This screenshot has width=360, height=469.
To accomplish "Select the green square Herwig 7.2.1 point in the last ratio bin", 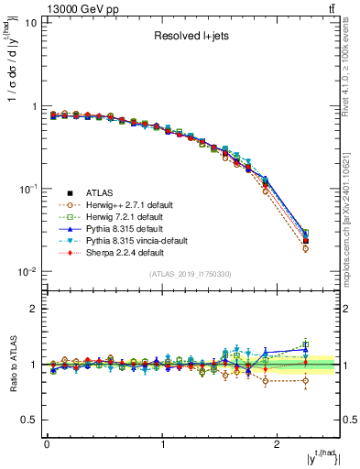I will coord(306,344).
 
